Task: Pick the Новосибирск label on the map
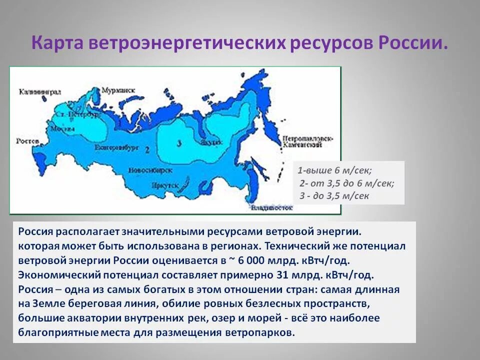150,170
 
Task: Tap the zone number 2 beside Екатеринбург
147,149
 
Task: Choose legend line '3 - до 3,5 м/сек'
334,195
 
